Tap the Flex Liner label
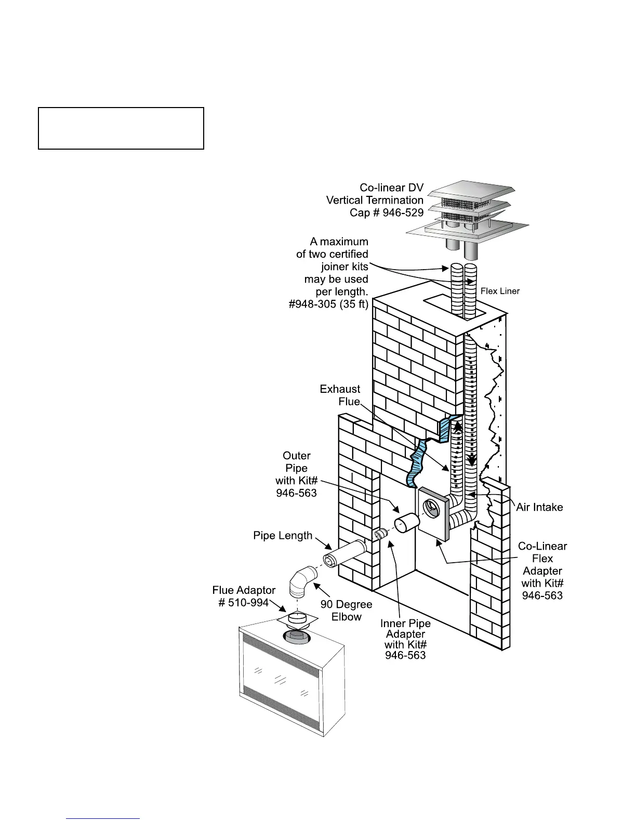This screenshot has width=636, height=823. point(500,291)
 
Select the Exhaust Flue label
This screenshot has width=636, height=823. point(340,395)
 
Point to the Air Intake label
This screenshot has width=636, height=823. point(539,507)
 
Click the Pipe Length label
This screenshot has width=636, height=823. point(283,536)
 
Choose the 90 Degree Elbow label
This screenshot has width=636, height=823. point(346,611)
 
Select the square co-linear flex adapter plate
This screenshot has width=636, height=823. point(432,512)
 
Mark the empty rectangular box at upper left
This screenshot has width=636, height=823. point(121,128)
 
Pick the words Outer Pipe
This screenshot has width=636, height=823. point(297,461)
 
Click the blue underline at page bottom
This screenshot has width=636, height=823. point(103,818)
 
